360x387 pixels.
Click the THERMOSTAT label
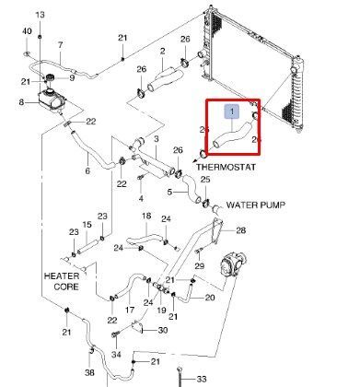226,167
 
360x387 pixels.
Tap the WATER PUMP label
256,205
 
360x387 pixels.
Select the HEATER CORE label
62,281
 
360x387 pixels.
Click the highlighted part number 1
232,111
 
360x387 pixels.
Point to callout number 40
27,31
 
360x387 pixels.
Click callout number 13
41,15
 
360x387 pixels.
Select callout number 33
201,380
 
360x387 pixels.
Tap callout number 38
89,372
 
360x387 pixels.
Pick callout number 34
116,355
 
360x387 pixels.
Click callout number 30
163,330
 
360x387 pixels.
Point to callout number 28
241,230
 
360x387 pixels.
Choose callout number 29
200,265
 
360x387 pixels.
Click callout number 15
87,225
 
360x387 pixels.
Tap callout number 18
146,216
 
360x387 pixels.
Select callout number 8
21,102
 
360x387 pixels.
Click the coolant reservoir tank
51,100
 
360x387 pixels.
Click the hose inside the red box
232,135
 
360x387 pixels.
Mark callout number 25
205,179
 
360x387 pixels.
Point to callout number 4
141,198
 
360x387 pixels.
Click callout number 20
210,298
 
